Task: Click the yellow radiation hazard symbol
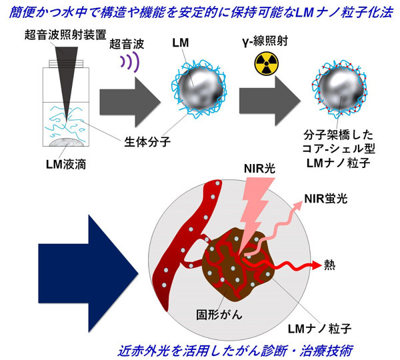click(267, 64)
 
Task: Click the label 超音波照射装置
click(65, 35)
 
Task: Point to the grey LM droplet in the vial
click(67, 142)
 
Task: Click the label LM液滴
click(66, 164)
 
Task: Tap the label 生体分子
click(147, 141)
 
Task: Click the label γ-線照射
click(265, 41)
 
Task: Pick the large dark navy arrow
click(89, 273)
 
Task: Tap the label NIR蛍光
click(326, 199)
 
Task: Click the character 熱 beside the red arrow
click(329, 265)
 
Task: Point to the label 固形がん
click(219, 314)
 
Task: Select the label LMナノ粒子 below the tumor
click(319, 329)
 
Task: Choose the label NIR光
click(259, 169)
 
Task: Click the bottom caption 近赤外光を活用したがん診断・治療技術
click(235, 351)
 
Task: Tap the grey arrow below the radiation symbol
click(270, 101)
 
